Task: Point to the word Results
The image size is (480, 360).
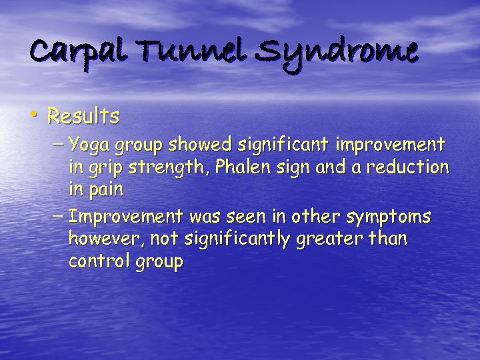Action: point(83,117)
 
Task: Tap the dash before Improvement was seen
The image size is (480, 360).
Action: point(58,216)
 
